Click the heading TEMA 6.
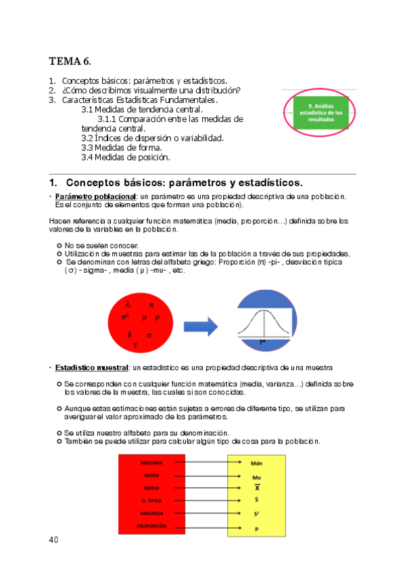tap(70, 62)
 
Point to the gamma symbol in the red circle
tap(136, 345)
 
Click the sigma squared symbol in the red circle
tap(125, 316)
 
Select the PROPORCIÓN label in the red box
tap(151, 525)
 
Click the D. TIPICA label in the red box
tap(151, 500)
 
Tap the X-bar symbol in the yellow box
tap(256, 488)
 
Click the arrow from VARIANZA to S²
tap(205, 513)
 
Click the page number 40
tap(54, 539)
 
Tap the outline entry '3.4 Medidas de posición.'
tap(125, 157)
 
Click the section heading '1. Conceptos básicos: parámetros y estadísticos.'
tap(176, 183)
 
